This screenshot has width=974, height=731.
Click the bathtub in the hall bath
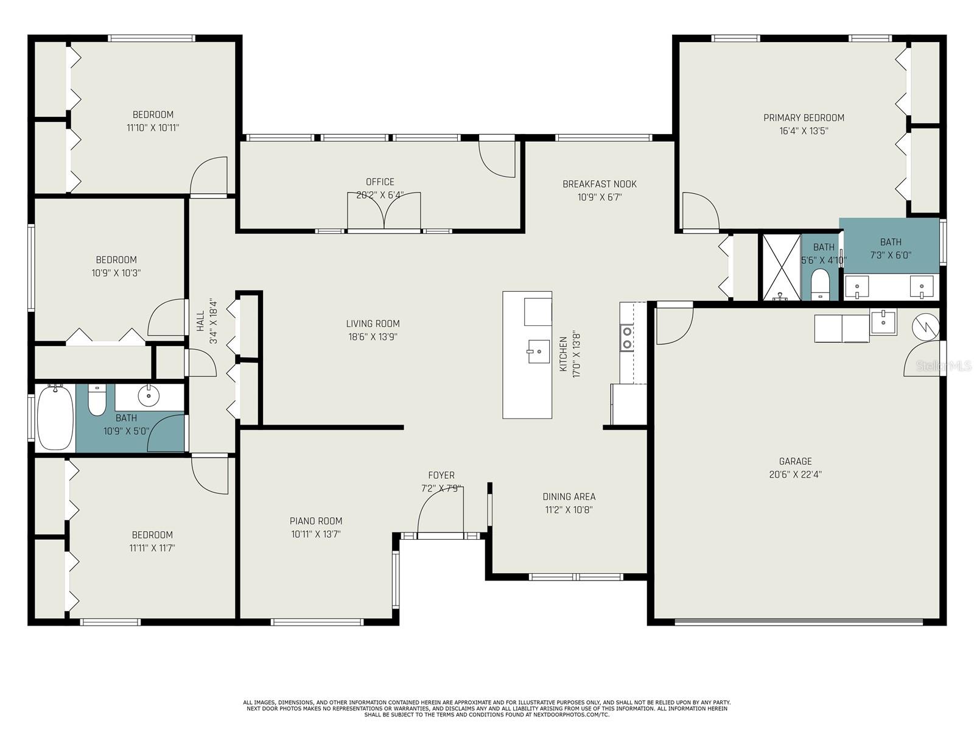(55, 418)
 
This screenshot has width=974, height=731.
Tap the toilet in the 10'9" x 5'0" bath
(97, 400)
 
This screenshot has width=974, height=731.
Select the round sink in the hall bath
(149, 397)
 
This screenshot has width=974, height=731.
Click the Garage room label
(795, 461)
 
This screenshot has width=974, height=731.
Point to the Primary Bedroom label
(804, 118)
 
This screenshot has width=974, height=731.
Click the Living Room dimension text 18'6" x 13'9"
(373, 337)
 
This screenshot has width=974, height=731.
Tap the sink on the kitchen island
(539, 351)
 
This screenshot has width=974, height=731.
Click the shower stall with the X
(782, 267)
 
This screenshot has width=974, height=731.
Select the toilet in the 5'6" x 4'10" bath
(821, 284)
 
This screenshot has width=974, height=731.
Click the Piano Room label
(315, 521)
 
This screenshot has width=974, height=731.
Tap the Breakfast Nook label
(599, 184)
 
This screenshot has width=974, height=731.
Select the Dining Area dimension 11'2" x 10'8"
(569, 510)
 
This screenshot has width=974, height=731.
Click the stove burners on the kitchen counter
(626, 338)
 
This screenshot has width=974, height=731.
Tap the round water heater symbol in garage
(925, 327)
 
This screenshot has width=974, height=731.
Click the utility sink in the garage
(883, 322)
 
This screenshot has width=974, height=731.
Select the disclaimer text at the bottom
(486, 708)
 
